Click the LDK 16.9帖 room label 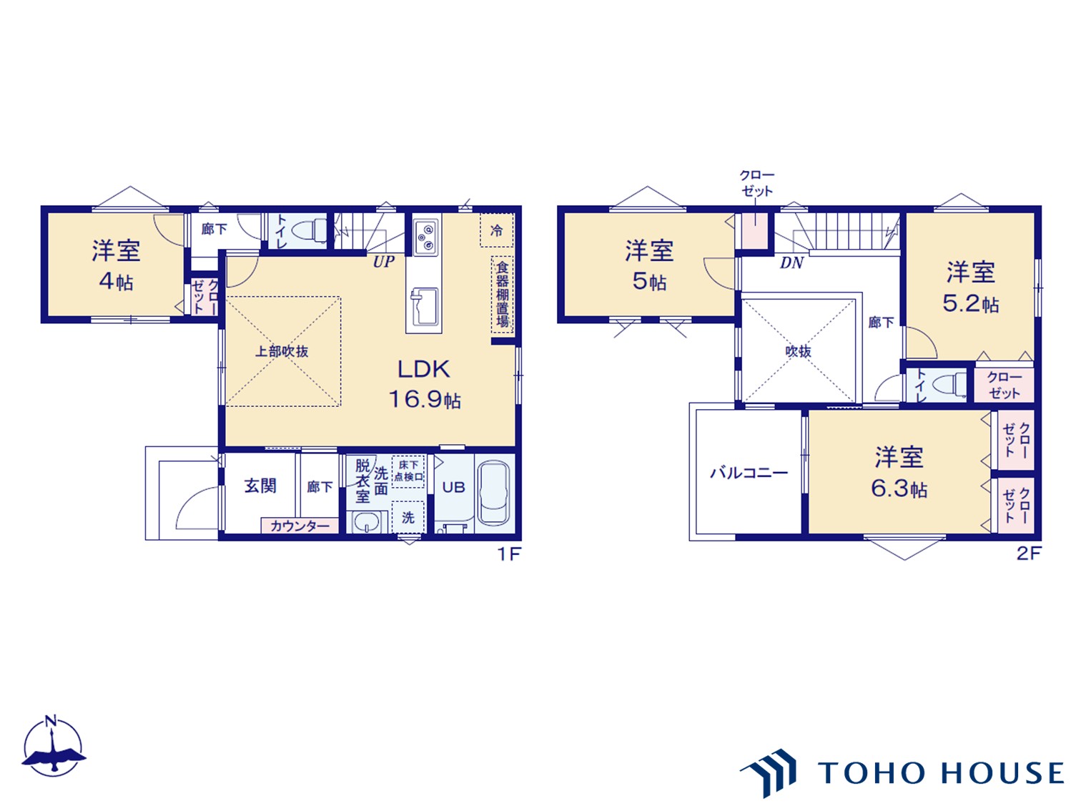click(425, 384)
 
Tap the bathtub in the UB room click(494, 493)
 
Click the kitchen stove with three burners click(425, 237)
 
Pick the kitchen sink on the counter click(424, 308)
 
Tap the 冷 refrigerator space click(497, 230)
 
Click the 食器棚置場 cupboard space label click(502, 295)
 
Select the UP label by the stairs click(384, 262)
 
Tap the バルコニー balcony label click(749, 473)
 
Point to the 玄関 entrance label click(260, 486)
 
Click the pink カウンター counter click(300, 526)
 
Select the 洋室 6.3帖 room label click(899, 473)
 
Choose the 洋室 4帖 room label click(117, 265)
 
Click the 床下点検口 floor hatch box click(408, 471)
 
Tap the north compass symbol click(53, 747)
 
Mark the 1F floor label click(509, 554)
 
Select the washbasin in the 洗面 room click(366, 522)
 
